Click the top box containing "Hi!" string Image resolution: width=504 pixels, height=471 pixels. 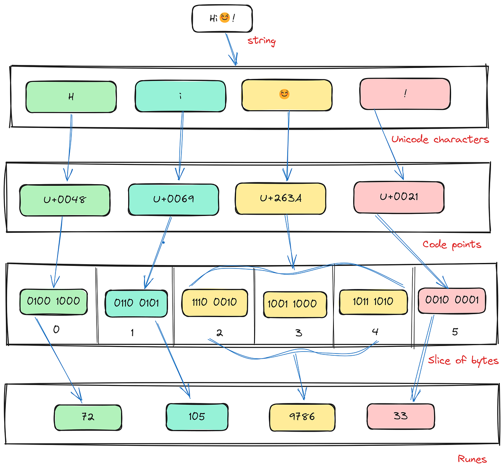(222, 18)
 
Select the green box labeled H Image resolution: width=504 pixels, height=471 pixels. (71, 97)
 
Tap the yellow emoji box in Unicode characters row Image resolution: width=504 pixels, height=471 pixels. (287, 95)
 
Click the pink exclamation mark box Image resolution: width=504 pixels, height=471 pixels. (405, 94)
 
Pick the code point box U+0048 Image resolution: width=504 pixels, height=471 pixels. (65, 200)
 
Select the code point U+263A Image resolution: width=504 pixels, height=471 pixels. (281, 198)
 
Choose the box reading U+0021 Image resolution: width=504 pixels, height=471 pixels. (399, 197)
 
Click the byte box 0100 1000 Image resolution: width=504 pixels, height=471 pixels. (53, 301)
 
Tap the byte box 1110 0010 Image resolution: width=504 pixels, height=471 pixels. (214, 302)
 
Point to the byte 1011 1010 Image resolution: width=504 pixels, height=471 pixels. (373, 302)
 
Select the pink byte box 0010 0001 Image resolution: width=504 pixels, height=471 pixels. (452, 300)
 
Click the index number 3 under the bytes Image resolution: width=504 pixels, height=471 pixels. (299, 333)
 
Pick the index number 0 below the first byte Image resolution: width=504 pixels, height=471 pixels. (56, 330)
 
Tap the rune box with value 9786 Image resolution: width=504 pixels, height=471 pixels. (302, 417)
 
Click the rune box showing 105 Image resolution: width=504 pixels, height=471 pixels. (197, 416)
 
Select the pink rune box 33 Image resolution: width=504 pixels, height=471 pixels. (401, 416)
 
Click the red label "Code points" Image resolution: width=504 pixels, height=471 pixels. (451, 245)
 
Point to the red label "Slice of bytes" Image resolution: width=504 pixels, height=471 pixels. (463, 360)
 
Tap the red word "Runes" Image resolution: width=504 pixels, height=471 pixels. (472, 459)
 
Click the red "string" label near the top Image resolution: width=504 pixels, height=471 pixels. (261, 41)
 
